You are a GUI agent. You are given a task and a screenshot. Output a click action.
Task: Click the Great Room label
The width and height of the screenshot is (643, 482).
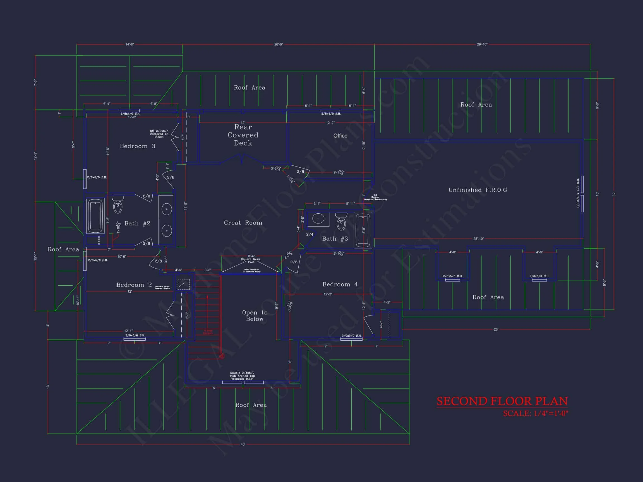[243, 223]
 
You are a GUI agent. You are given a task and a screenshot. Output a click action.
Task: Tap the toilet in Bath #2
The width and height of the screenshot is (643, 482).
[118, 205]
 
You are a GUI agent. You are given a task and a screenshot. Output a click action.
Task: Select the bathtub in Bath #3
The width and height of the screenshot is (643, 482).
[363, 230]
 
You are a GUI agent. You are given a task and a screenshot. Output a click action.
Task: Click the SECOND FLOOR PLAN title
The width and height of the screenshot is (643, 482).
[502, 401]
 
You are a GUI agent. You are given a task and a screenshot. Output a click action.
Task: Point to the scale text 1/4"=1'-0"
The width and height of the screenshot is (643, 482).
[536, 413]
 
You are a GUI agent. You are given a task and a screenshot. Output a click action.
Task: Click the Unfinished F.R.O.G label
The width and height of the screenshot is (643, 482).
[478, 190]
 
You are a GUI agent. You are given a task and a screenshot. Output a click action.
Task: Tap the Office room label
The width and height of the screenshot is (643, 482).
[340, 136]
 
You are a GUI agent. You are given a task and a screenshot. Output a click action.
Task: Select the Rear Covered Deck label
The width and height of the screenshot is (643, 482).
[243, 135]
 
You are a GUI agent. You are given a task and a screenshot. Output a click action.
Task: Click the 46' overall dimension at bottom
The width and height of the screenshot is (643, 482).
[243, 444]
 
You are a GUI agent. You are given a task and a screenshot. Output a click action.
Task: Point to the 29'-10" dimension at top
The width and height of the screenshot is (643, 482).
[482, 44]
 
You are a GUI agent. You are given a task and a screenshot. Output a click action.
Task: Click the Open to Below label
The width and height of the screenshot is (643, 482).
[255, 316]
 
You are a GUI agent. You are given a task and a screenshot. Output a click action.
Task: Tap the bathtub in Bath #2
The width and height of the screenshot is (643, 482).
[95, 216]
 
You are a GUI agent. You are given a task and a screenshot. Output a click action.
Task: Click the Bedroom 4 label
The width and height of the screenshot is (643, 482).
[340, 285]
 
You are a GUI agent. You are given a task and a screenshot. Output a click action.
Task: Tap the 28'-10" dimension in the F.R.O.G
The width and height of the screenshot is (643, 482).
[478, 239]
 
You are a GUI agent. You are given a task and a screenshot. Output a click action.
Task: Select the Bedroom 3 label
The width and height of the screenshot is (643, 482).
[138, 146]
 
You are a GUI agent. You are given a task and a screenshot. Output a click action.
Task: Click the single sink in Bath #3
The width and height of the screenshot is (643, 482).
[319, 218]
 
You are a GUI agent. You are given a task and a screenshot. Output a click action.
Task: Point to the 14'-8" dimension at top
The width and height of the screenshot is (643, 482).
[130, 44]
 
